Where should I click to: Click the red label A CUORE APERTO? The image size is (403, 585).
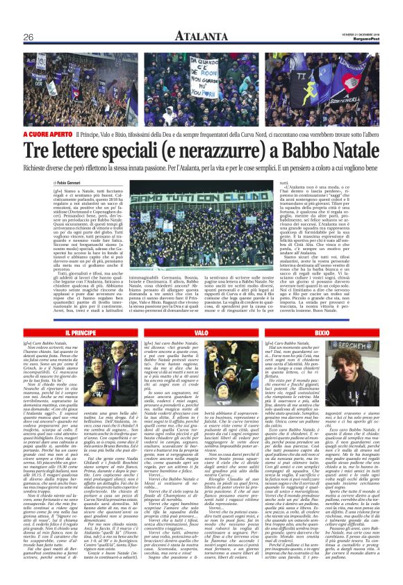(47, 133)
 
